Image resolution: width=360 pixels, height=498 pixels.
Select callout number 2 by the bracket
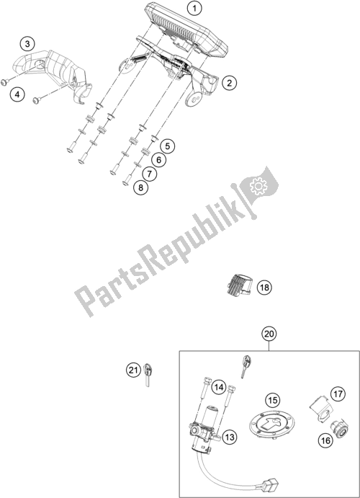[228, 84]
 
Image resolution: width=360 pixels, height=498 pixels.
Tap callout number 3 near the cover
[27, 45]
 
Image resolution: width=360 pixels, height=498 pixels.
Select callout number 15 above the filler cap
[273, 399]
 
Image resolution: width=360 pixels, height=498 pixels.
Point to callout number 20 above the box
[269, 334]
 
